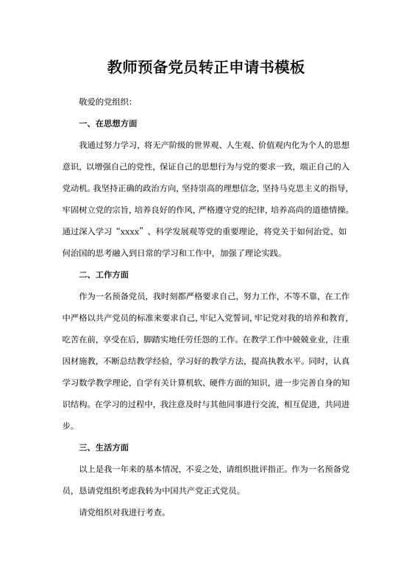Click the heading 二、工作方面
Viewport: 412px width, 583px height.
[x=104, y=275]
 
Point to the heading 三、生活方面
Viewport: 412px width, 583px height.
[x=104, y=447]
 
